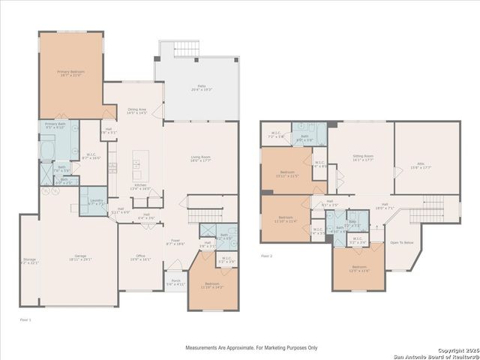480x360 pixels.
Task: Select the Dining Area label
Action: (x=136, y=110)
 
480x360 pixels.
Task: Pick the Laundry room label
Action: (x=95, y=202)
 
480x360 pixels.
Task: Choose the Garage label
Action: (x=79, y=257)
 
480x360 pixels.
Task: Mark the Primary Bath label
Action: (x=55, y=125)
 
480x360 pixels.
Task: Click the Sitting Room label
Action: (x=363, y=157)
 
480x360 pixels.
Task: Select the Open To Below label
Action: (x=402, y=242)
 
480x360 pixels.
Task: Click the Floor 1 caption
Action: (x=25, y=319)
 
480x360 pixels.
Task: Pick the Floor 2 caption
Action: (x=266, y=256)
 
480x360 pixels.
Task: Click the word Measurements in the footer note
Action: (x=204, y=348)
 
